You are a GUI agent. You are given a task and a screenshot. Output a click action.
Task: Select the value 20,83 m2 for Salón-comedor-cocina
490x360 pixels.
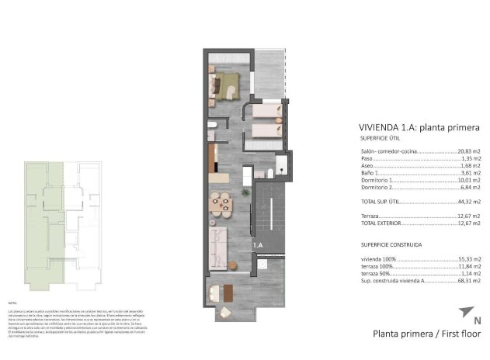click(x=468, y=151)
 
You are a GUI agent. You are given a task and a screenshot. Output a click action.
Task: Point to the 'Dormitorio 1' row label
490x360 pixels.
click(x=377, y=180)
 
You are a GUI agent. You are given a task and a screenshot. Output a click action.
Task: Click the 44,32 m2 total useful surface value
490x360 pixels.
click(x=468, y=201)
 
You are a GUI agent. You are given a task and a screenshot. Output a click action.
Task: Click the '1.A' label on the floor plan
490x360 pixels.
click(x=259, y=245)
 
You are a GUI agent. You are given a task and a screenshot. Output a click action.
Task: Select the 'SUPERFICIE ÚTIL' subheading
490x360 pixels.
click(x=381, y=137)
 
